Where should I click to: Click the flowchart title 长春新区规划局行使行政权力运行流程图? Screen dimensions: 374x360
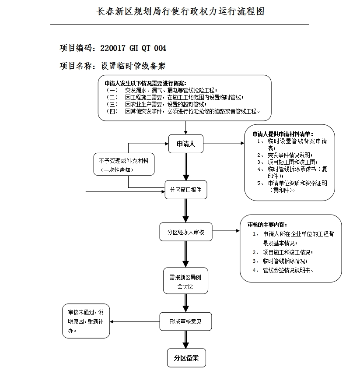coord(180,11)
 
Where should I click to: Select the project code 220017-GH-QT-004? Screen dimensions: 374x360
coord(133,48)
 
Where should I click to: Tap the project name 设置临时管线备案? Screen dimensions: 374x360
coord(133,66)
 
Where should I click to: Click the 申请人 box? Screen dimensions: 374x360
coord(186,144)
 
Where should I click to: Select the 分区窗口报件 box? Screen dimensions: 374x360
coord(185,190)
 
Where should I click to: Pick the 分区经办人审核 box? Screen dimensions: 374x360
coord(185,232)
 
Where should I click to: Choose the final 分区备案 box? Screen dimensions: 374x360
coord(186,358)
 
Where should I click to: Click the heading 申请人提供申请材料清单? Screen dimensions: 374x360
coord(283,134)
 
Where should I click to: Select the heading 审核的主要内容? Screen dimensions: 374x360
coord(267,225)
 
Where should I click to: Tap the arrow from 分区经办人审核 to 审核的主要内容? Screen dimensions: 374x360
coord(225,230)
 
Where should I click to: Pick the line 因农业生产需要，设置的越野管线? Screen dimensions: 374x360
coord(165,104)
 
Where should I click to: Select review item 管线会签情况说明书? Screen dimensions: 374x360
coord(289,270)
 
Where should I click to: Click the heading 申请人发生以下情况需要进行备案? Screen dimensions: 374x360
coord(145,83)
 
